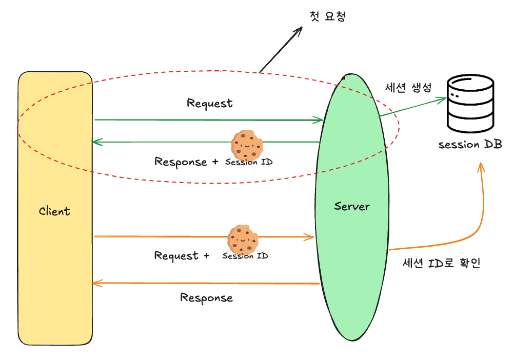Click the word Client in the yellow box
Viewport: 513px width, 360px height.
coord(54,211)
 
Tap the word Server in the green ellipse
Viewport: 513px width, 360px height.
coord(352,206)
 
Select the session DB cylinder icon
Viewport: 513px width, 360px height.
coord(470,103)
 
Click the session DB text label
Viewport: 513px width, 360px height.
coord(470,144)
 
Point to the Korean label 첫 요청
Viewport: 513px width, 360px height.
coord(327,16)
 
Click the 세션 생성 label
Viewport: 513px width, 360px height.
coord(408,87)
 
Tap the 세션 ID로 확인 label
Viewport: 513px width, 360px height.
coord(441,263)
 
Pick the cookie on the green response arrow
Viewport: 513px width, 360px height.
coord(247,145)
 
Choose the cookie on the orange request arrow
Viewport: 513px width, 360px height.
coord(243,239)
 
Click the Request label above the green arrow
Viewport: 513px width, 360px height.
coord(210,103)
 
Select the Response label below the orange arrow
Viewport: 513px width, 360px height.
coord(206,298)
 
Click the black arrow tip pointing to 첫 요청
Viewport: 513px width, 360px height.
coord(302,28)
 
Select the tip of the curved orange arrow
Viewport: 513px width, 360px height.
coord(481,163)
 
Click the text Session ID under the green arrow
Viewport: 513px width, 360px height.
coord(249,162)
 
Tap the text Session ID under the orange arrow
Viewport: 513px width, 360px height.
coord(245,256)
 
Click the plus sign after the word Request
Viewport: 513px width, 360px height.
coord(206,255)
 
